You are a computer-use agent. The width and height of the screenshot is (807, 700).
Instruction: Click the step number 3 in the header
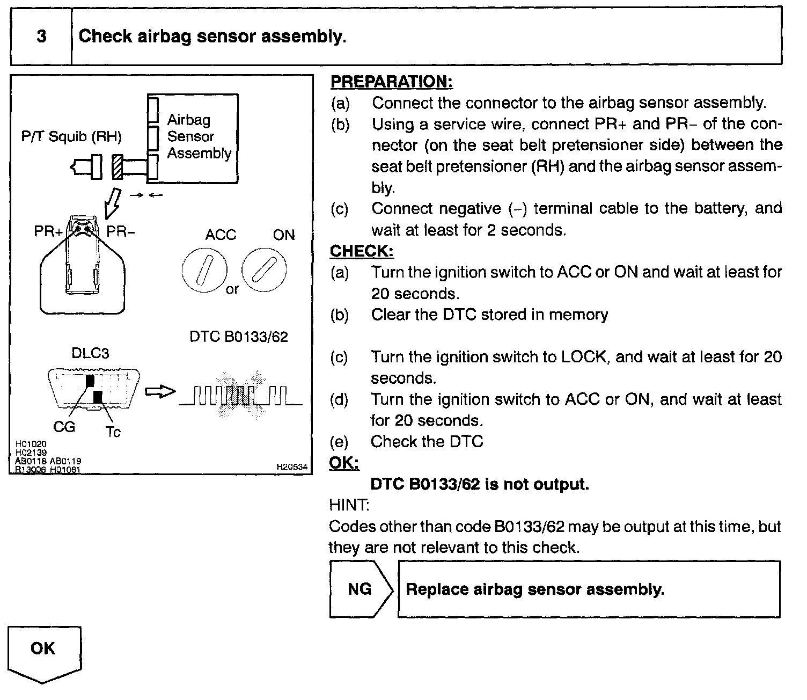[x=41, y=37]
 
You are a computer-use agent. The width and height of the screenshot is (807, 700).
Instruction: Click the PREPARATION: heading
[x=391, y=82]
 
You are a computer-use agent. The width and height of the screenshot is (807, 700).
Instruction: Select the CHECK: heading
[x=362, y=251]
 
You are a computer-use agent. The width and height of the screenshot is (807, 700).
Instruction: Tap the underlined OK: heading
[x=344, y=463]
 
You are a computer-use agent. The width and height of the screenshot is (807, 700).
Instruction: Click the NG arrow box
[x=361, y=589]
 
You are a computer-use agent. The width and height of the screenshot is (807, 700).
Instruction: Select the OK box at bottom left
[x=44, y=651]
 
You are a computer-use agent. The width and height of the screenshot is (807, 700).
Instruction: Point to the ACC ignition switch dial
[x=204, y=271]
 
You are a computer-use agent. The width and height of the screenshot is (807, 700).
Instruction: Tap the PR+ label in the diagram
[x=48, y=232]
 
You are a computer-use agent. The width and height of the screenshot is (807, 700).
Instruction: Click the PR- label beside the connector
[x=121, y=232]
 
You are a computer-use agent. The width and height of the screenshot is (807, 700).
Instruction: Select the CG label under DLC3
[x=64, y=427]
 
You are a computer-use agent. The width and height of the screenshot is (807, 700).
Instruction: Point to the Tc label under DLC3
[x=113, y=432]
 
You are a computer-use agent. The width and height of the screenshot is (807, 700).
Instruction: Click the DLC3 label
[x=90, y=354]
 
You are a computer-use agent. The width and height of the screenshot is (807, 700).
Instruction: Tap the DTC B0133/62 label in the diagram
[x=239, y=337]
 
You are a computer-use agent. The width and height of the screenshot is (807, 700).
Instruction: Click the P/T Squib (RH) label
[x=71, y=137]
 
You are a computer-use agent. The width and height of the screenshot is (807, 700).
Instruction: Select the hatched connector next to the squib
[x=118, y=167]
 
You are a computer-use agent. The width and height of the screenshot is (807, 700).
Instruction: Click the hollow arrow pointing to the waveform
[x=160, y=392]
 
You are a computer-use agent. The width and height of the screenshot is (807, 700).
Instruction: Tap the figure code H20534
[x=292, y=467]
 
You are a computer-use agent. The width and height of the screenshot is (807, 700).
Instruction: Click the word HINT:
[x=349, y=505]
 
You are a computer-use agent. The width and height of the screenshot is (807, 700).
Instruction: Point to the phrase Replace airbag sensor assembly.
[x=535, y=589]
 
